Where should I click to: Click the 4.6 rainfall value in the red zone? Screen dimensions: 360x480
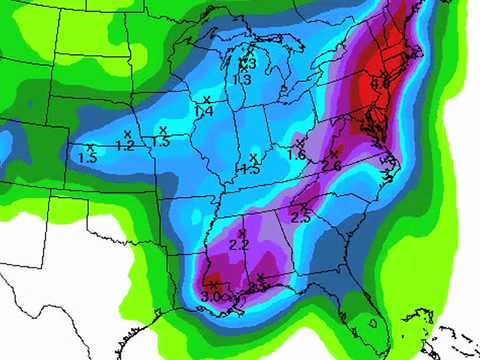point(380,83)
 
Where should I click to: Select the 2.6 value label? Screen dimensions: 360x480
point(332,165)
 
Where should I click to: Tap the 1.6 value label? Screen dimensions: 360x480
point(297,155)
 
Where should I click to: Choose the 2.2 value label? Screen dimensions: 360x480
point(239,245)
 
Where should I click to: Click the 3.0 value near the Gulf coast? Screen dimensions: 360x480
point(212,296)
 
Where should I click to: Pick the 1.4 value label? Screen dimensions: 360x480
point(204,112)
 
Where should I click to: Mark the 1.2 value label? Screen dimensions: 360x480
point(126,146)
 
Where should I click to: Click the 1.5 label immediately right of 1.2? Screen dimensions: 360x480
point(161,143)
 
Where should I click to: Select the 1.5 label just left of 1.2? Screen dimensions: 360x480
point(87,158)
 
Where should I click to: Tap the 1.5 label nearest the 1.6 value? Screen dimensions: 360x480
point(251,169)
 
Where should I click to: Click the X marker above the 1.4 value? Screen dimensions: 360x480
point(206,99)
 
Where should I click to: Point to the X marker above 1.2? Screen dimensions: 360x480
point(127,133)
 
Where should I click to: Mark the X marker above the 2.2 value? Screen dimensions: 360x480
point(241,232)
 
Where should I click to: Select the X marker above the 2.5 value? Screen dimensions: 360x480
point(304,206)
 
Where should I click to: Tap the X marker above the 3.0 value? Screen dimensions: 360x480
point(213,285)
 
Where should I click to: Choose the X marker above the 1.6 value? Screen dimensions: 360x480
point(297,143)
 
